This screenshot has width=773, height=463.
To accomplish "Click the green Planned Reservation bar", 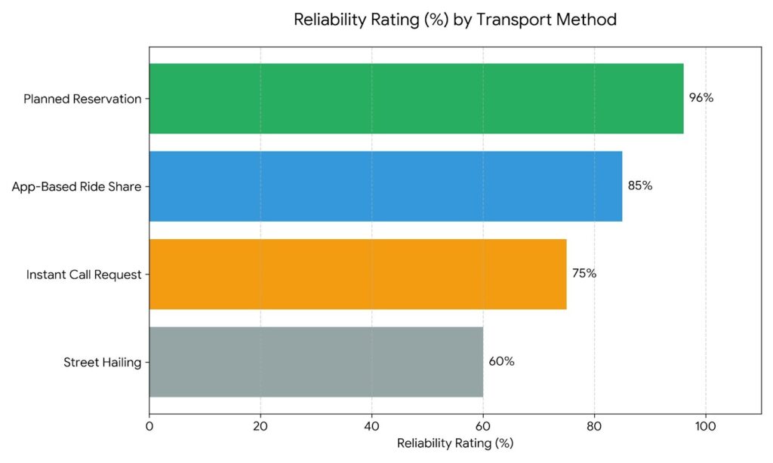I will (416, 98).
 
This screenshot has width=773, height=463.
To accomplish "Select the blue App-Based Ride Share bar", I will (386, 186).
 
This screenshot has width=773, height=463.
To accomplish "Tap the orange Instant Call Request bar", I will (358, 274).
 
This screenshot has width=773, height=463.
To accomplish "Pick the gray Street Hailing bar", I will (316, 362).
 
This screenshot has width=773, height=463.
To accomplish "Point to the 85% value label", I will (640, 186).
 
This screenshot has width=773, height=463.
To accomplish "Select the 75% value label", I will (584, 274).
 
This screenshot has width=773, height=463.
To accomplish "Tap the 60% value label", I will (501, 362).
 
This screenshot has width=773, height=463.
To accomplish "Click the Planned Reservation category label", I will (82, 99).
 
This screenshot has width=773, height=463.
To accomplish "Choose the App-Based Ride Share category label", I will (76, 187).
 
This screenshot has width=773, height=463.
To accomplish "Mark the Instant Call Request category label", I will (84, 274).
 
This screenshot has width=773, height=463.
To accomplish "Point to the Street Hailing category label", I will (103, 363).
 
